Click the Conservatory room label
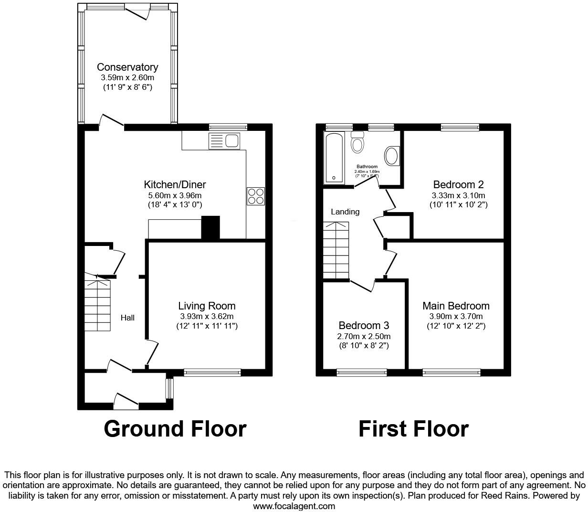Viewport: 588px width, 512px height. tap(127, 67)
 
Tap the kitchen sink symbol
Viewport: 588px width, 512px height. tap(225, 141)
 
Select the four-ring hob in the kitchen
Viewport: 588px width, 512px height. tap(255, 196)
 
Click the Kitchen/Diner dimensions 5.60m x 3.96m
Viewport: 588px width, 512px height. tap(175, 195)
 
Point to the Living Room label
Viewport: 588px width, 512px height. tap(207, 306)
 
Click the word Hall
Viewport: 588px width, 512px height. tap(127, 318)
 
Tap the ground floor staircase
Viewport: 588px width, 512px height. tap(98, 306)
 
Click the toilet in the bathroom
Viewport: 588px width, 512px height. tap(357, 142)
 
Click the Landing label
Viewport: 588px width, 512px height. tap(345, 212)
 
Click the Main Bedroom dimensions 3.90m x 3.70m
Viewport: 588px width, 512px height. tap(456, 316)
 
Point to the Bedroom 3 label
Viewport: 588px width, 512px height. tap(364, 325)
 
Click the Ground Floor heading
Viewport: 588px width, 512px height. tap(175, 428)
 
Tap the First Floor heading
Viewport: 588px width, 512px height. tap(413, 428)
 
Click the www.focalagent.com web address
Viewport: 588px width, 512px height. tap(294, 506)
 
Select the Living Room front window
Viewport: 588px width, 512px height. tap(212, 373)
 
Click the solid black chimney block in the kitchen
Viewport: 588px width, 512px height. tap(210, 227)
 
